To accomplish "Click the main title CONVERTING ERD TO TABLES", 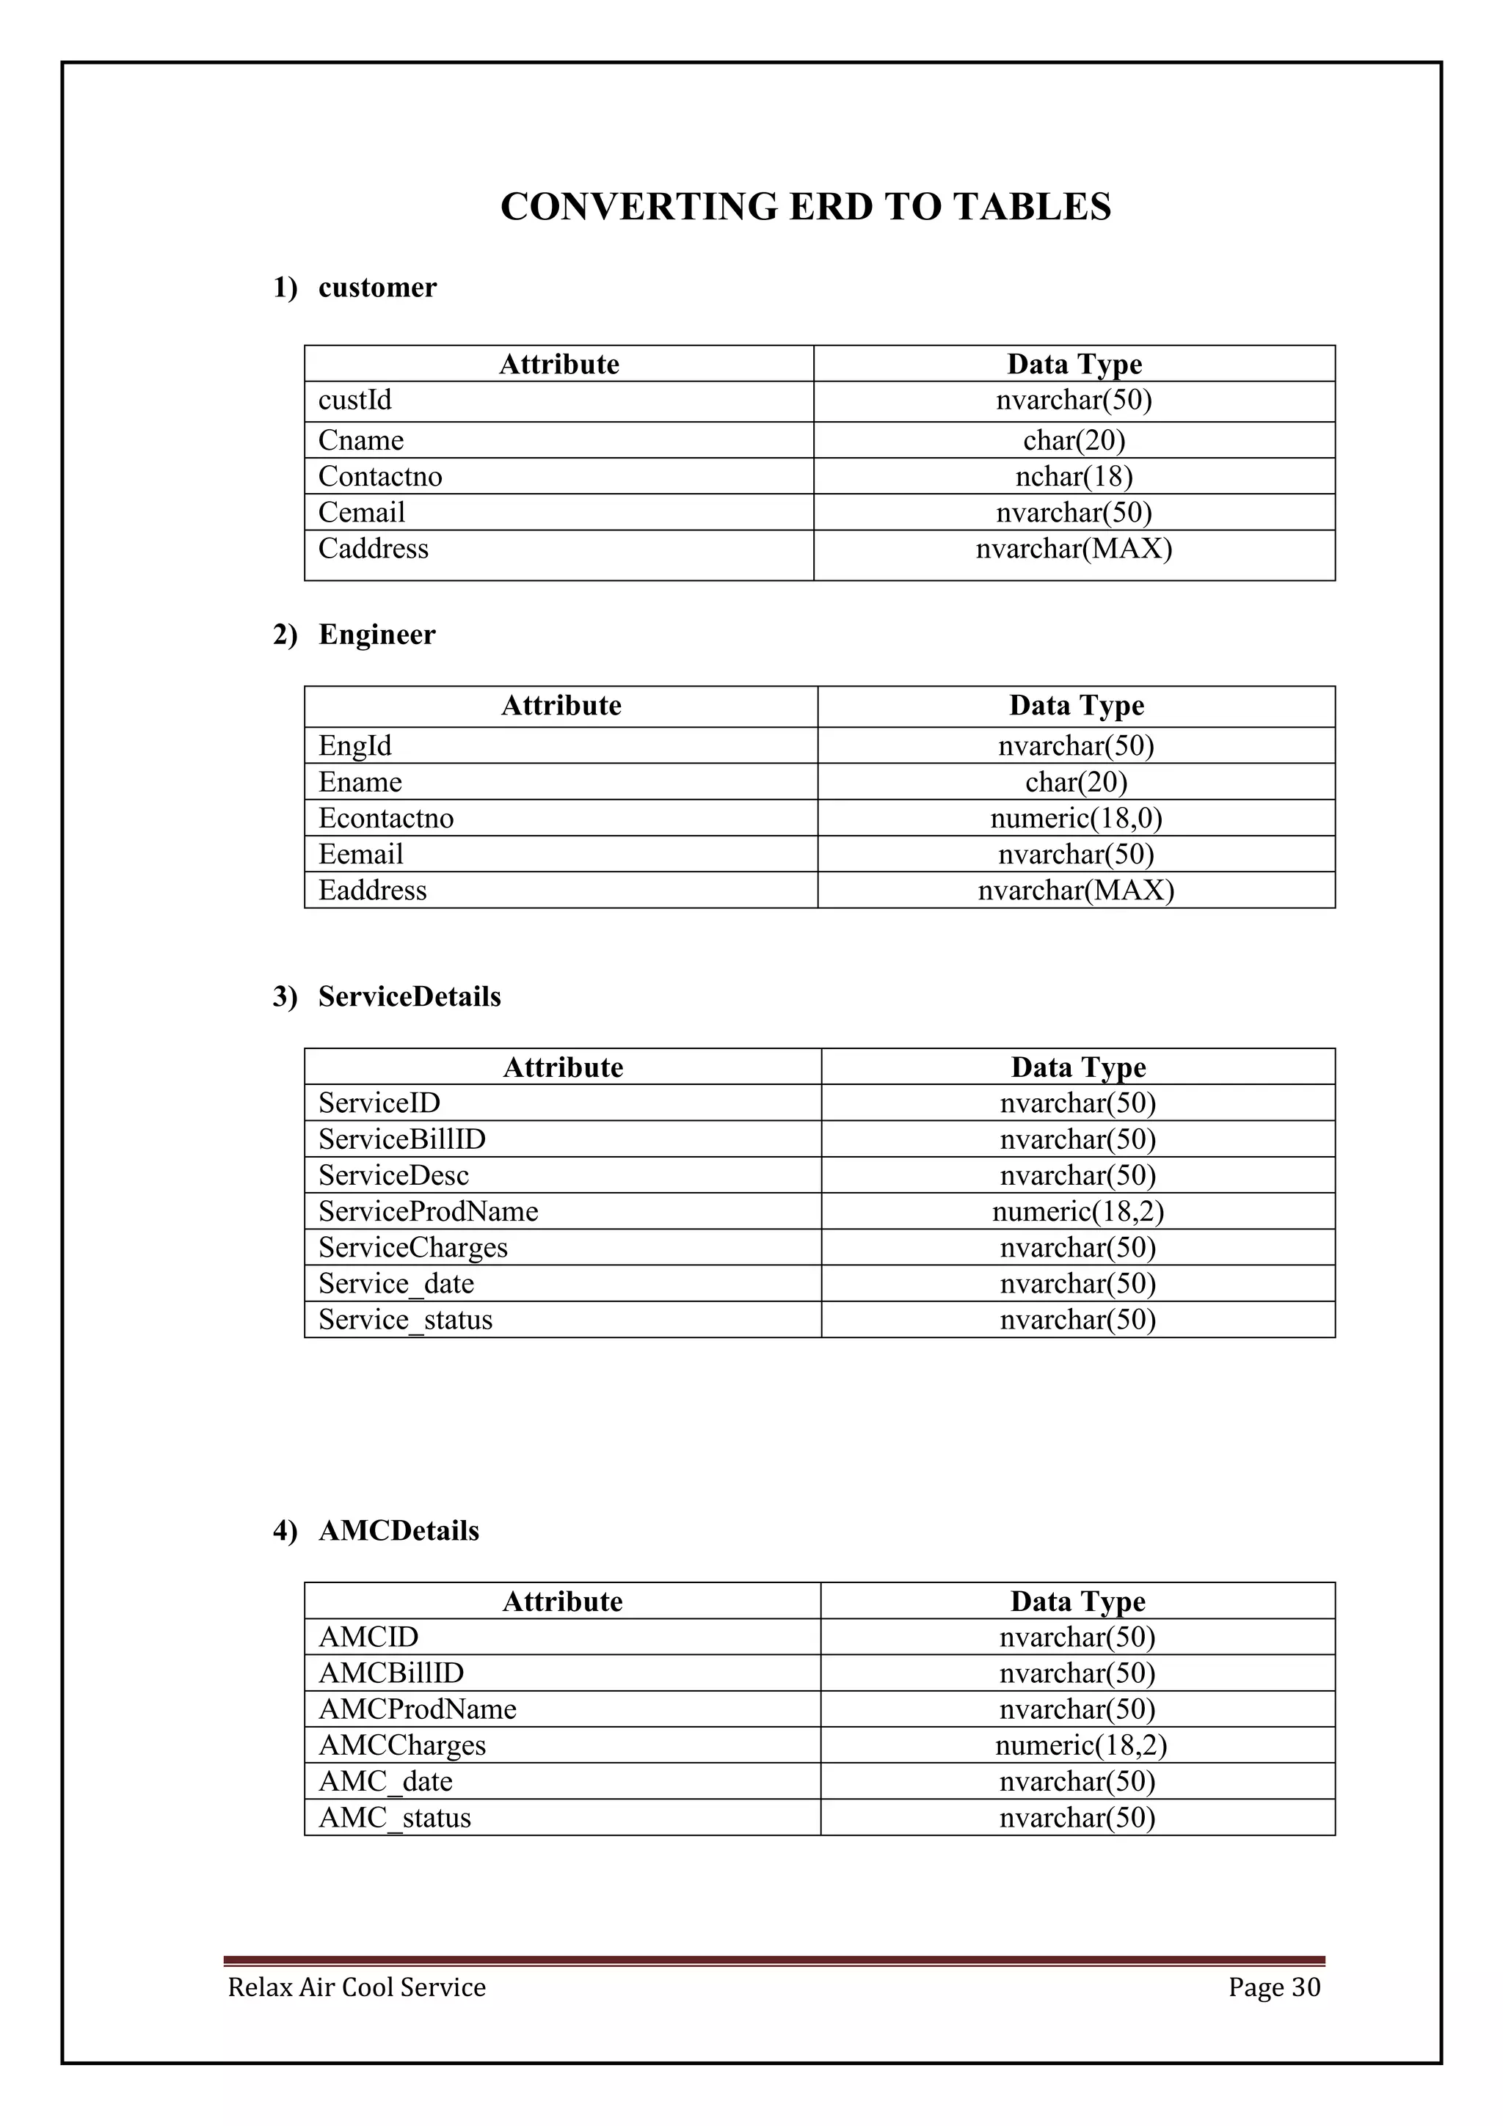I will tap(805, 206).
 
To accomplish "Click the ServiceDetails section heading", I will tap(410, 996).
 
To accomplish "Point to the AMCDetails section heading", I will tap(399, 1530).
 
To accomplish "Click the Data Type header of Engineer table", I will tap(1076, 706).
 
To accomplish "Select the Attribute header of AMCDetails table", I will tap(562, 1602).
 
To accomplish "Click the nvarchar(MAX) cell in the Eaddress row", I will tap(1075, 891).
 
